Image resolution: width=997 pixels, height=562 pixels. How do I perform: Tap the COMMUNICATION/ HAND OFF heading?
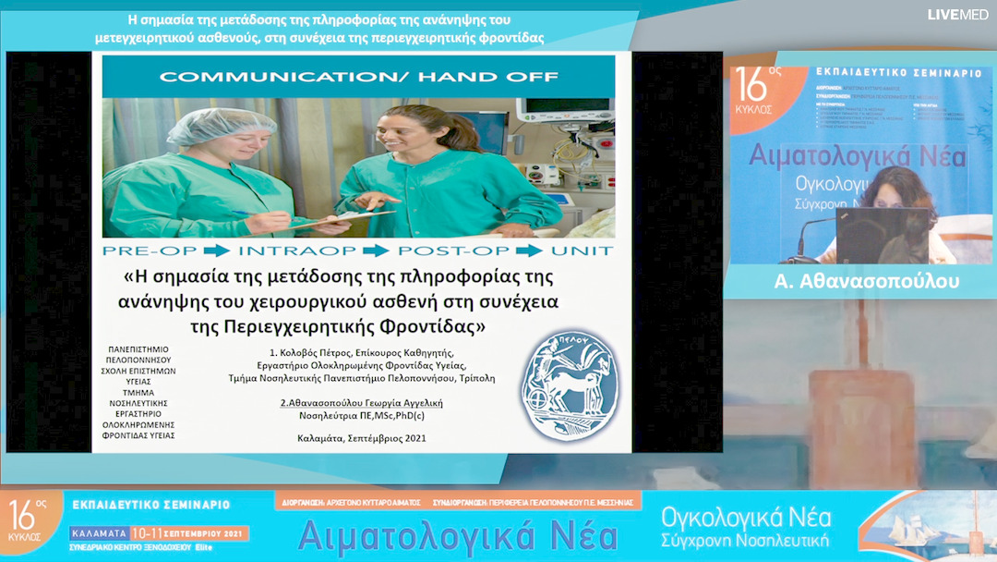[359, 76]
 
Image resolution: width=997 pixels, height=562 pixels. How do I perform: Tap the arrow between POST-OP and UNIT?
[530, 250]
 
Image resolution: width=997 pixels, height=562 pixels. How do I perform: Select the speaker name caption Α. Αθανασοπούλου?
[860, 281]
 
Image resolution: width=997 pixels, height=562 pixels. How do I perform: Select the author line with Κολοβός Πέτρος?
[361, 352]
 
